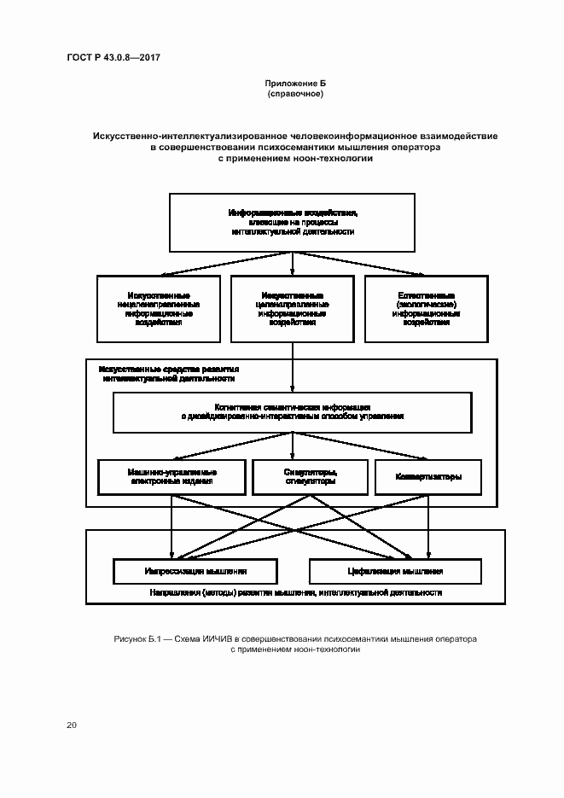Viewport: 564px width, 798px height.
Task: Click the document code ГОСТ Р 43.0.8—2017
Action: click(113, 57)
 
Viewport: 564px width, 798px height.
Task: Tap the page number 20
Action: click(72, 725)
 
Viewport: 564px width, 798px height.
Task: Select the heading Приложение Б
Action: click(295, 84)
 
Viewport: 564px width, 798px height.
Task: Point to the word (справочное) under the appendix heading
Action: click(295, 94)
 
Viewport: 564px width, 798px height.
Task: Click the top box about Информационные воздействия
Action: click(293, 222)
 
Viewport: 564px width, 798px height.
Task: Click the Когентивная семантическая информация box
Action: click(293, 411)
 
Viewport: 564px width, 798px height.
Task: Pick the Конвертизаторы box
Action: click(429, 477)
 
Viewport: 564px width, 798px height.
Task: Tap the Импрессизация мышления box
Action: click(195, 570)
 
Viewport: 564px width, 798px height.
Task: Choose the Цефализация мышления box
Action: click(399, 570)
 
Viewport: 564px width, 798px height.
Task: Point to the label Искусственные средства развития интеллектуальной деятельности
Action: click(168, 372)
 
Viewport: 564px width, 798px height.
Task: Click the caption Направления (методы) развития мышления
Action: click(295, 591)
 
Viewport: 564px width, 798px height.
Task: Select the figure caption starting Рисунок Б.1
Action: click(295, 644)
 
